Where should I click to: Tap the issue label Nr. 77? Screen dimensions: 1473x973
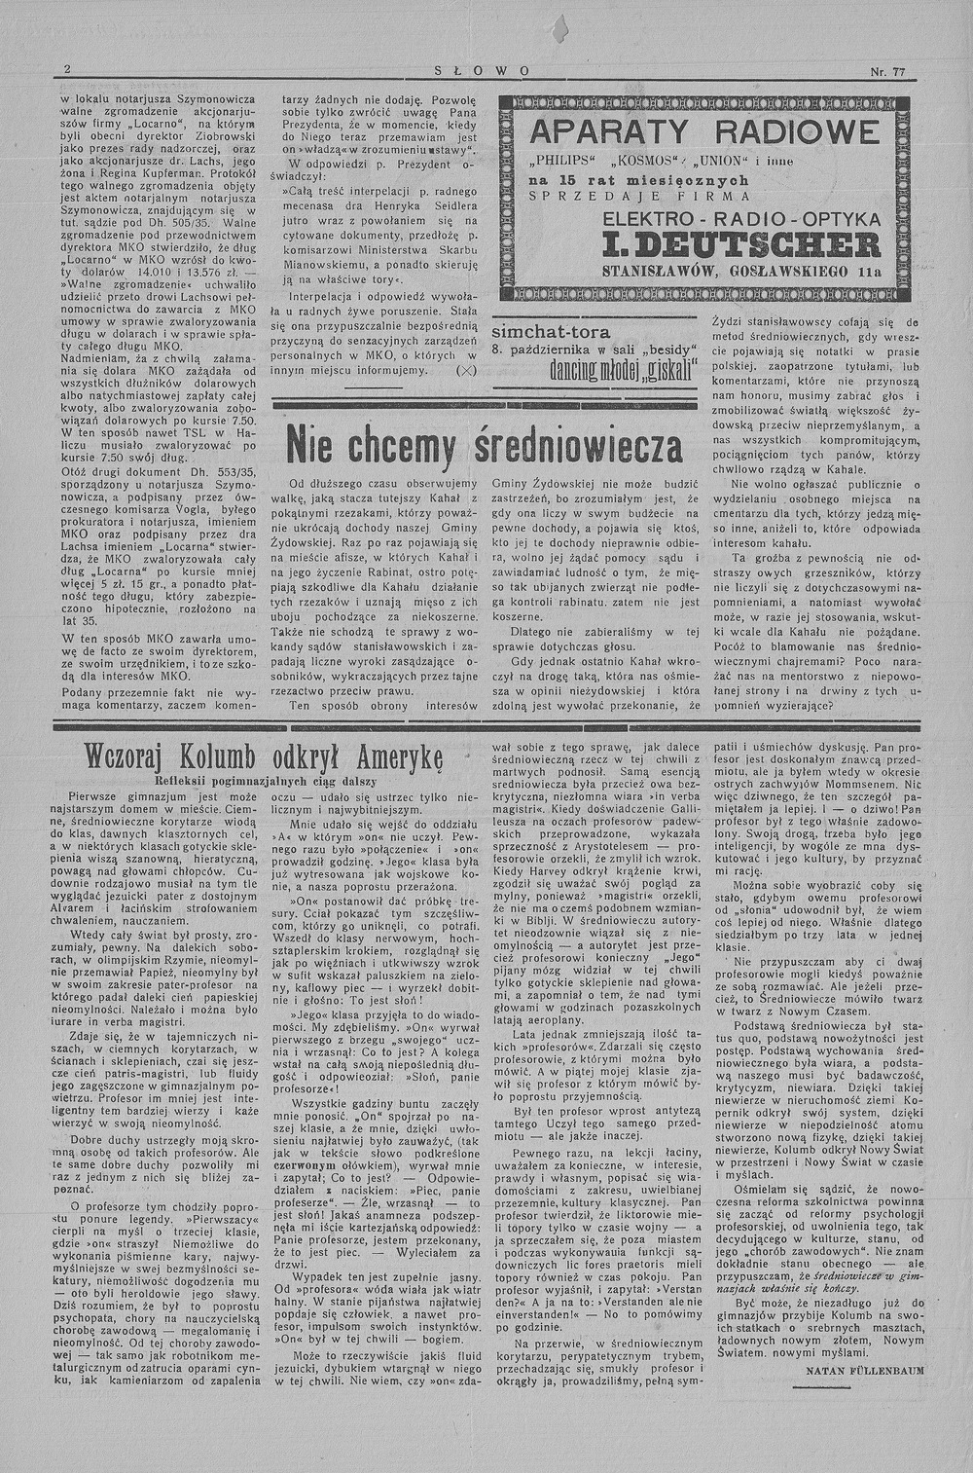pyautogui.click(x=888, y=71)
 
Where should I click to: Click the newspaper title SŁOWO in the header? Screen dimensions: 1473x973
pyautogui.click(x=484, y=71)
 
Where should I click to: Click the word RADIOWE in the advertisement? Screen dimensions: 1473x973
pyautogui.click(x=796, y=132)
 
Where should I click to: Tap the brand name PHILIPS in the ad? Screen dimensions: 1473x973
pyautogui.click(x=562, y=160)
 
